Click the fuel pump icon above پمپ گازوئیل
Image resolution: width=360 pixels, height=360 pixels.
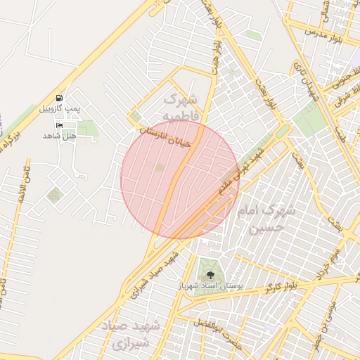(58, 98)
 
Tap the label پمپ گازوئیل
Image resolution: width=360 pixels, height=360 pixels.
(58, 109)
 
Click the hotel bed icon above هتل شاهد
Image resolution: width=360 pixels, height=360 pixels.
(59, 124)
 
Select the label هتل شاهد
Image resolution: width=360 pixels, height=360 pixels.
(58, 134)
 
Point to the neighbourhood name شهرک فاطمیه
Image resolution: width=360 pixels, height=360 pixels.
(185, 106)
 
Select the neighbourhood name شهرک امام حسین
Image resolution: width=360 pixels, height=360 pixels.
(271, 219)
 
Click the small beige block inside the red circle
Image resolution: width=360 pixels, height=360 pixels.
(160, 167)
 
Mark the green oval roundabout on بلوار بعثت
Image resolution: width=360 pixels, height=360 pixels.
(282, 131)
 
